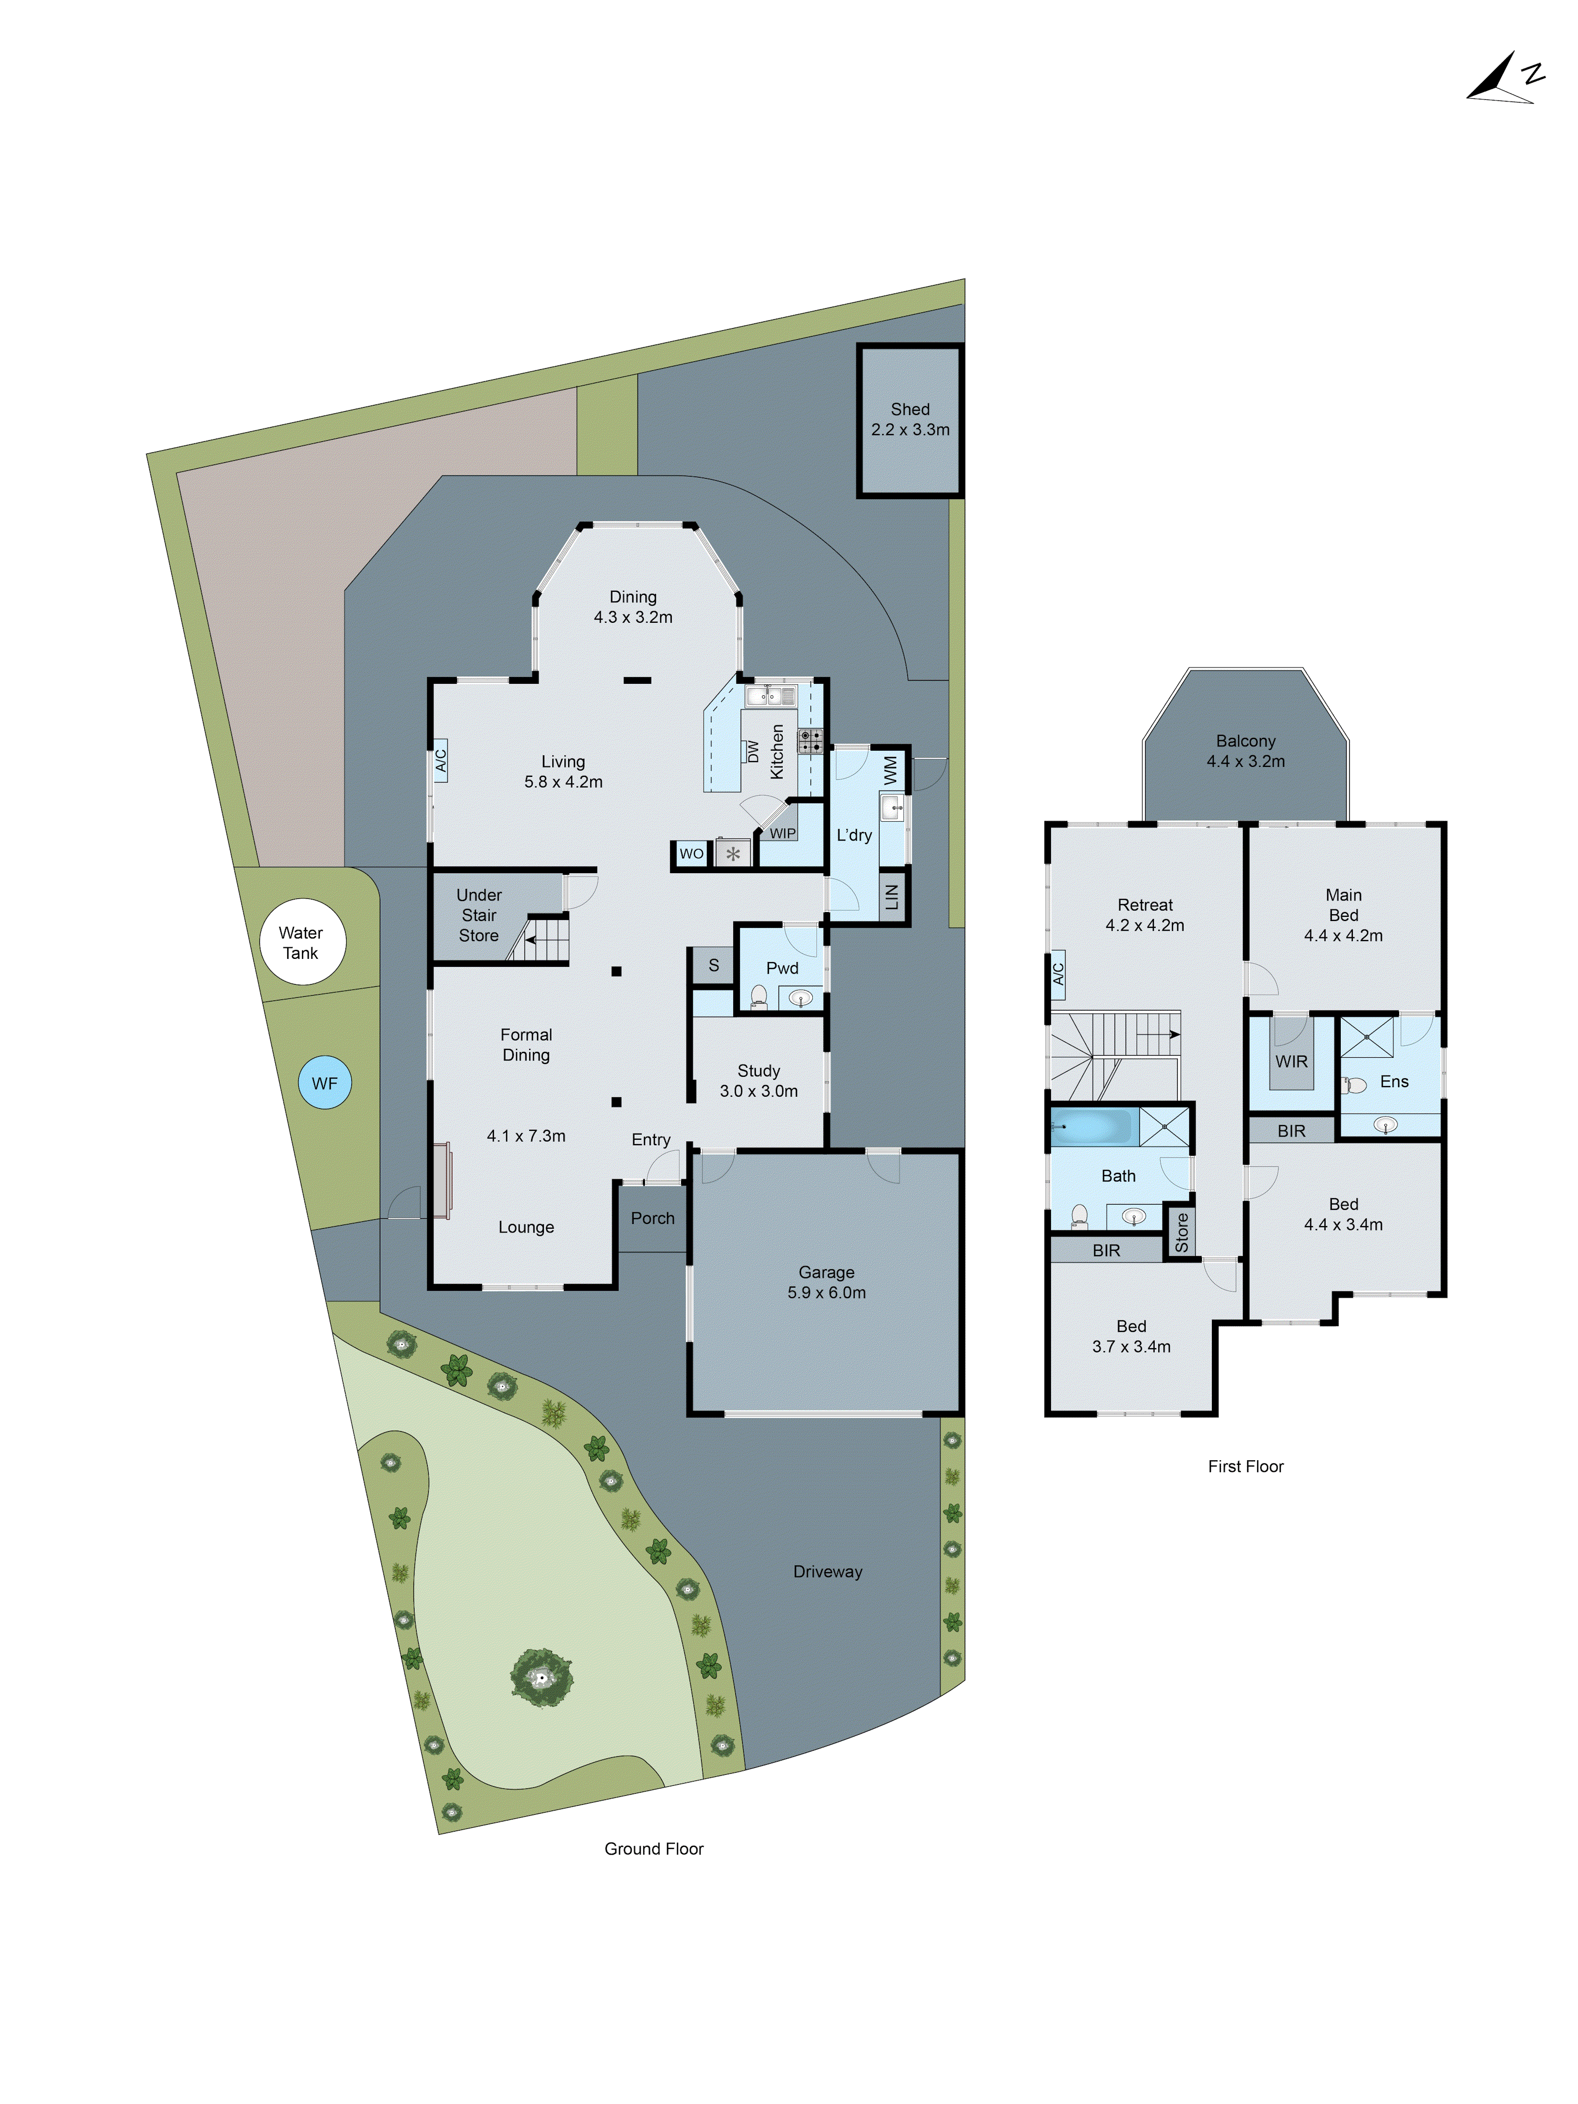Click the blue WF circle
(325, 1084)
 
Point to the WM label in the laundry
(891, 768)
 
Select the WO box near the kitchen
(692, 853)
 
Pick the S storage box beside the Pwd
(713, 965)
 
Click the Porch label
(653, 1218)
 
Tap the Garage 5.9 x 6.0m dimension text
(826, 1293)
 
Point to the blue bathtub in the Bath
(1091, 1127)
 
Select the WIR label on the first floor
(1291, 1061)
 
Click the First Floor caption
(1245, 1466)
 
